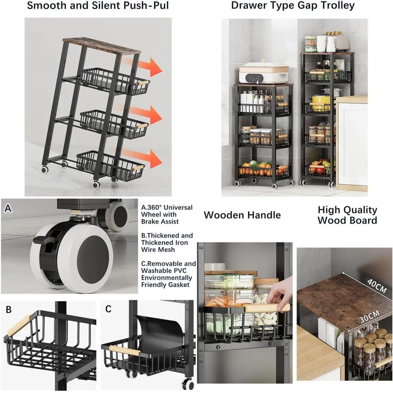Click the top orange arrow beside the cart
point(143,66)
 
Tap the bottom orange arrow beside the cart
point(143,158)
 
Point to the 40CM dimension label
point(377,285)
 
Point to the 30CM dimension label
point(369,316)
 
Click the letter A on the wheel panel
point(8,208)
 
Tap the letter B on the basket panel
point(9,309)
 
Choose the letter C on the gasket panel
point(108,309)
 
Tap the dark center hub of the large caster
point(93,257)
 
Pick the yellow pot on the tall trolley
point(321,102)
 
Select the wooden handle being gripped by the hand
point(267,308)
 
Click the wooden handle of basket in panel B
point(19,325)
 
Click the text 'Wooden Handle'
point(242,215)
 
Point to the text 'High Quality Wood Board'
point(347,215)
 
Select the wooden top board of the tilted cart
point(101,46)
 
